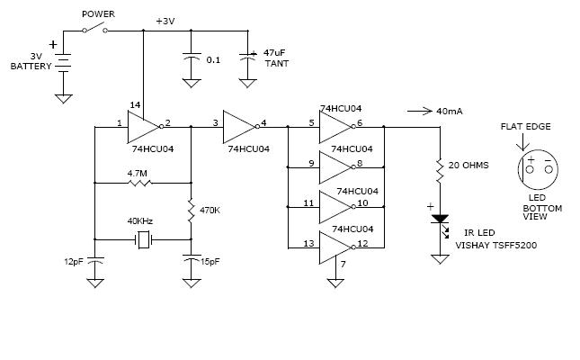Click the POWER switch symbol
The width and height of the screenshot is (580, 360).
coord(94,28)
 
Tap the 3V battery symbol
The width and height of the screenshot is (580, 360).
coord(63,62)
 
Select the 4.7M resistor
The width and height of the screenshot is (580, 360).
coord(139,183)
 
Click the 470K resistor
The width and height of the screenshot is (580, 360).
coord(191,211)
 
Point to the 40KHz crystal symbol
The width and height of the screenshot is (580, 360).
coord(143,239)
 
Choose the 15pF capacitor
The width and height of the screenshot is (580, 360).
coord(192,258)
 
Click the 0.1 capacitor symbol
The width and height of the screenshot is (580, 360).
coord(192,57)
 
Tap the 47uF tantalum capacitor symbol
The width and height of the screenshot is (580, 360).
coord(247,57)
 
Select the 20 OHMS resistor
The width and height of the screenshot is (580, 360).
coord(440,170)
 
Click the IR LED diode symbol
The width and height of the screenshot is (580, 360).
coord(441,220)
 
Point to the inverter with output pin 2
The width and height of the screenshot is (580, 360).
coord(145,127)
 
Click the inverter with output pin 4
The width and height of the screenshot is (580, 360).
coord(241,127)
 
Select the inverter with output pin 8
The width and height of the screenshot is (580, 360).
coord(336,167)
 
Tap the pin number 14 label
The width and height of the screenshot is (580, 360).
coord(135,105)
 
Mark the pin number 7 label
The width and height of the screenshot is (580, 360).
coord(344,265)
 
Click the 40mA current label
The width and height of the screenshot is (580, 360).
coord(450,111)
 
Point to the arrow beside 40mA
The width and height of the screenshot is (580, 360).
coord(419,111)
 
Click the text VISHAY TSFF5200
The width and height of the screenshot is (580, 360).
coord(495,245)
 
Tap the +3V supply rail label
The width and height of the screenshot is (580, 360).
coord(165,21)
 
